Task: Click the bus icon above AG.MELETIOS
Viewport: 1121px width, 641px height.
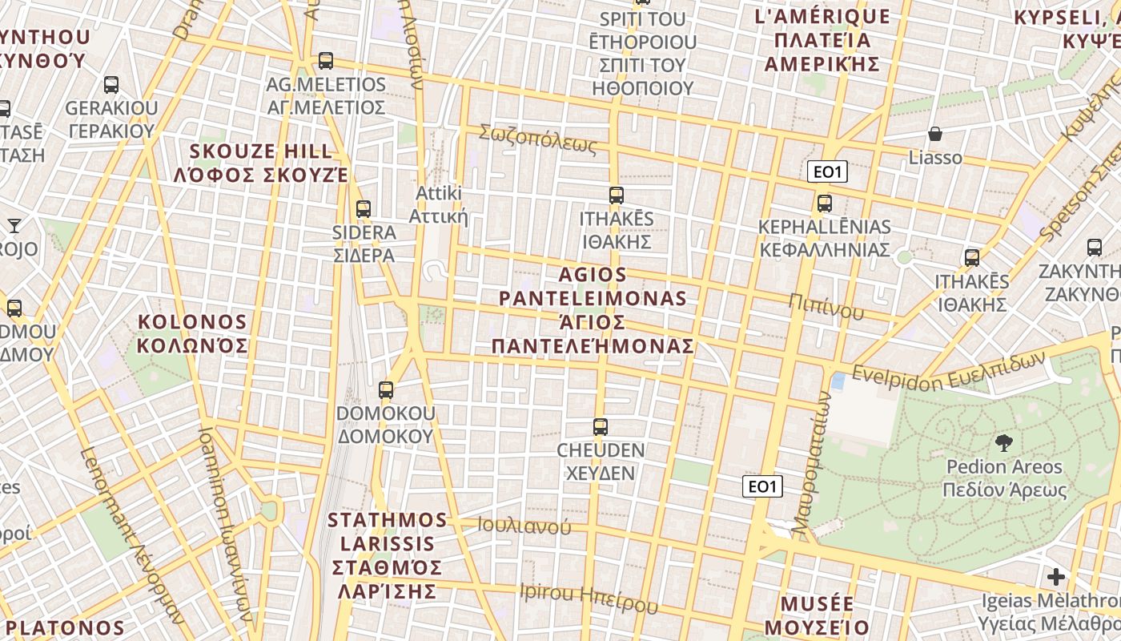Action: click(x=325, y=60)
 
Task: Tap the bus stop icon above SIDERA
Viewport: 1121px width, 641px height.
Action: click(x=364, y=208)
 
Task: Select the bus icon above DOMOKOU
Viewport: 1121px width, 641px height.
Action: click(x=386, y=390)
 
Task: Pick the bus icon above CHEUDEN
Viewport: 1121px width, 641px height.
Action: click(x=601, y=426)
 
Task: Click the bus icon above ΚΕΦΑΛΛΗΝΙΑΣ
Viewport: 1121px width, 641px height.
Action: click(x=825, y=203)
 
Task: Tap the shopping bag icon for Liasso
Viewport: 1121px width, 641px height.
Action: click(x=934, y=134)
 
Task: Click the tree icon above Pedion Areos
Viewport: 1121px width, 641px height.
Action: click(x=1003, y=443)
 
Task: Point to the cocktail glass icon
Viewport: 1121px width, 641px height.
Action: click(x=14, y=225)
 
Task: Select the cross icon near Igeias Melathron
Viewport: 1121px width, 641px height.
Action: click(x=1056, y=576)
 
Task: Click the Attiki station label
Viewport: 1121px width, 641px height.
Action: click(x=438, y=205)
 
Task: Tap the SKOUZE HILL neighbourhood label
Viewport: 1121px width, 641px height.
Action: click(x=261, y=163)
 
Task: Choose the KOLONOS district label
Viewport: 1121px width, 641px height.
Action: click(x=192, y=334)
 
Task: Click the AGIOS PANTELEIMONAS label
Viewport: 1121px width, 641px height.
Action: click(x=593, y=310)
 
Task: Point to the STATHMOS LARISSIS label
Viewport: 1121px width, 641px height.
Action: click(x=388, y=555)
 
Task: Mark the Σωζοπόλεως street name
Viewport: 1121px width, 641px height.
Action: click(x=537, y=139)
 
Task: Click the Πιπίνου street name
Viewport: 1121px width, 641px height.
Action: click(x=826, y=305)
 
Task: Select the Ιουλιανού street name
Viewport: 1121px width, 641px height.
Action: click(x=524, y=526)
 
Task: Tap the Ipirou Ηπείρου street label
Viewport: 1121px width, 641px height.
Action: click(x=589, y=598)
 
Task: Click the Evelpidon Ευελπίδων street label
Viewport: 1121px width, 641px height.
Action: click(x=949, y=369)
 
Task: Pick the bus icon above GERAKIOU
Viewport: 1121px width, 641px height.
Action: click(x=111, y=84)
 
